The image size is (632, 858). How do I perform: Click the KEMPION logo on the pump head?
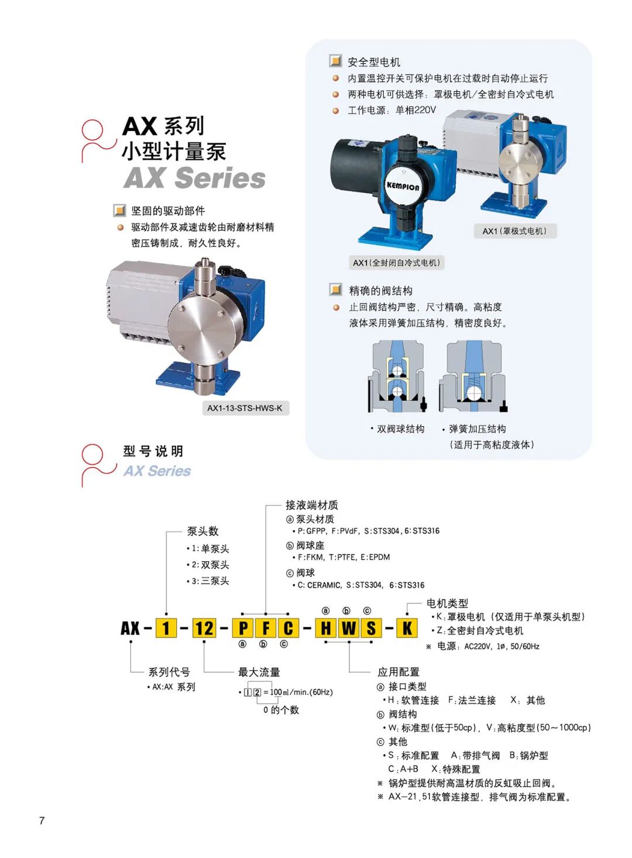click(x=403, y=187)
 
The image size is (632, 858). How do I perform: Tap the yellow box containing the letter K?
click(x=407, y=629)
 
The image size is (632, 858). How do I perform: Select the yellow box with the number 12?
click(x=204, y=629)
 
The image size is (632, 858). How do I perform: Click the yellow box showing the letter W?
click(x=349, y=629)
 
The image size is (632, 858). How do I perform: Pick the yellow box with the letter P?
click(x=243, y=629)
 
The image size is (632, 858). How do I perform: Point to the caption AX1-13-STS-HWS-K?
click(x=245, y=408)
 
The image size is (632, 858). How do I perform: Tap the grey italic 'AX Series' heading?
click(x=194, y=178)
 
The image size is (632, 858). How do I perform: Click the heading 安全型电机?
click(x=374, y=62)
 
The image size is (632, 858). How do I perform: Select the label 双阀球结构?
click(x=400, y=429)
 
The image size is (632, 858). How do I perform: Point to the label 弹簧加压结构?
click(x=478, y=429)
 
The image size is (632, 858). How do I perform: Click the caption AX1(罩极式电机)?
click(x=515, y=231)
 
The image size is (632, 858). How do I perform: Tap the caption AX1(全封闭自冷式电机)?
click(x=397, y=263)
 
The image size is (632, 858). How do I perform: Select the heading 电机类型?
click(x=448, y=603)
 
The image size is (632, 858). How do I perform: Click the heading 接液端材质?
click(x=312, y=505)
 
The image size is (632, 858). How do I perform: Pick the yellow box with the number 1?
click(x=166, y=629)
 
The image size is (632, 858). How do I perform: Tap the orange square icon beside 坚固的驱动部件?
click(x=119, y=210)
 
